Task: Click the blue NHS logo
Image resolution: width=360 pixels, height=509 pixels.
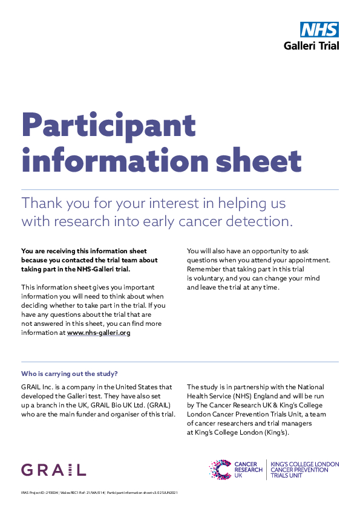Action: [x=319, y=30]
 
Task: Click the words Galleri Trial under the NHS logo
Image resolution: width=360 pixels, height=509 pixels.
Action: [x=312, y=45]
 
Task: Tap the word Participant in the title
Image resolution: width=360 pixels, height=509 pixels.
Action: [x=109, y=126]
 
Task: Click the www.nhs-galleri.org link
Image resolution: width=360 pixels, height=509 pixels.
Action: [x=99, y=332]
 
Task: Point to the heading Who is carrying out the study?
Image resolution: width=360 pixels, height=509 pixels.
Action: [x=70, y=374]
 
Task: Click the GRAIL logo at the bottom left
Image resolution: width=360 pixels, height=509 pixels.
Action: [x=53, y=470]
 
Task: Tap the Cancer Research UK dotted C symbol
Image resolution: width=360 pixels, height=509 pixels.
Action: [x=220, y=469]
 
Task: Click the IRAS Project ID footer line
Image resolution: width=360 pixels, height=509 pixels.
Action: [x=99, y=493]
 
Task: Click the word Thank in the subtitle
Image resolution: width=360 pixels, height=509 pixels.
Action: [x=42, y=203]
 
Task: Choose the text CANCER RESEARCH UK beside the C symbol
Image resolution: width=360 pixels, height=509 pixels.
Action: [x=248, y=470]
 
